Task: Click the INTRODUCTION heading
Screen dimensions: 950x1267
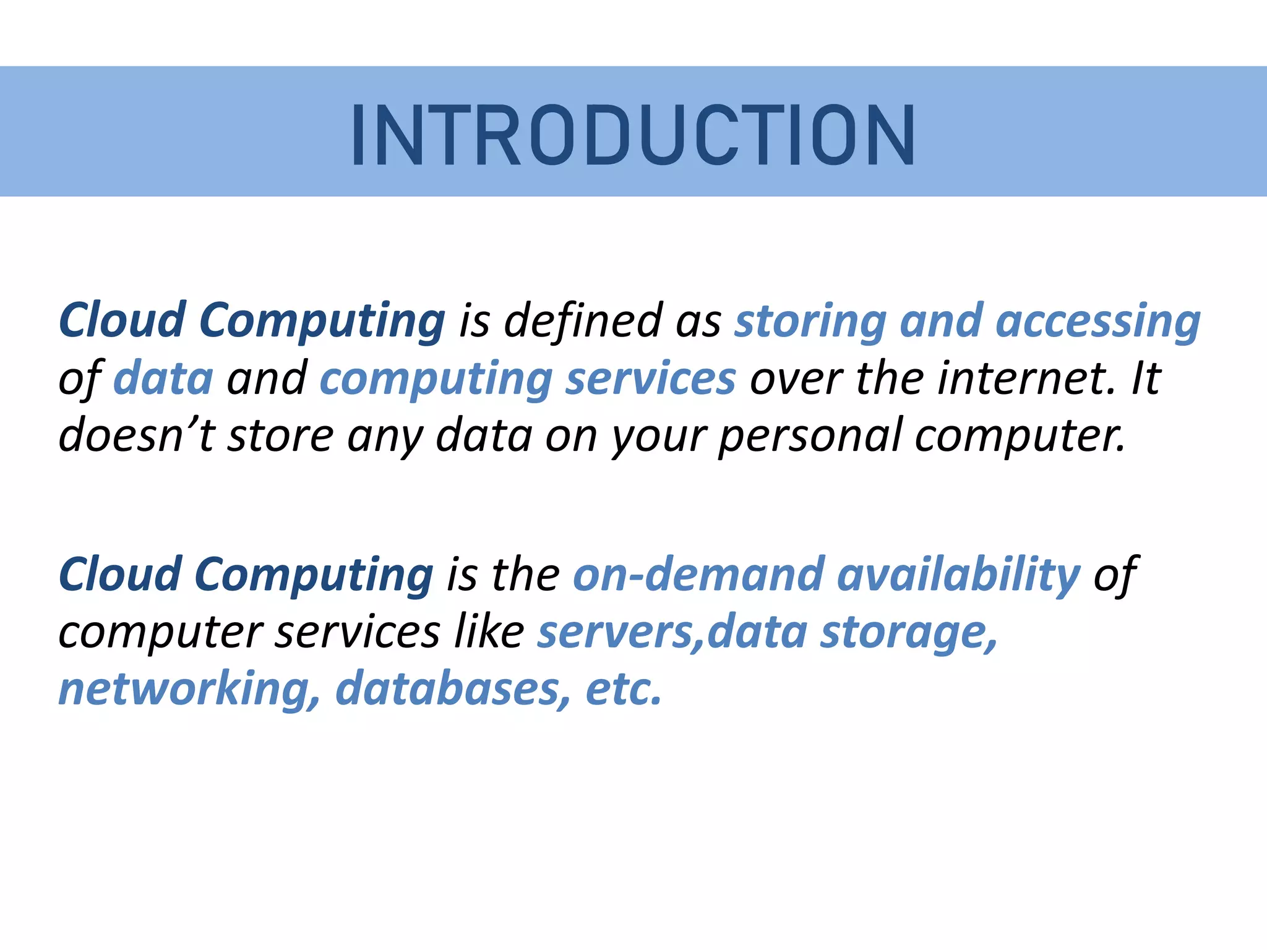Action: click(x=633, y=135)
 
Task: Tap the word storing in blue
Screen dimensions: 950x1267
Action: click(x=809, y=322)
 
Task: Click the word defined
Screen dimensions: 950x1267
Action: click(x=583, y=320)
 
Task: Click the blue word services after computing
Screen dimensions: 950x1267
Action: click(x=651, y=379)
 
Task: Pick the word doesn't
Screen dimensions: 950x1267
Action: click(x=136, y=435)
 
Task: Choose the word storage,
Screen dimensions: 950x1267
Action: click(x=908, y=633)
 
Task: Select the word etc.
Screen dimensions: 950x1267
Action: click(x=624, y=688)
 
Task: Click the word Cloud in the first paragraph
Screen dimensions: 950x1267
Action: click(x=121, y=320)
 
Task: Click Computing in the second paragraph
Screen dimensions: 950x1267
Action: click(x=314, y=575)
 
